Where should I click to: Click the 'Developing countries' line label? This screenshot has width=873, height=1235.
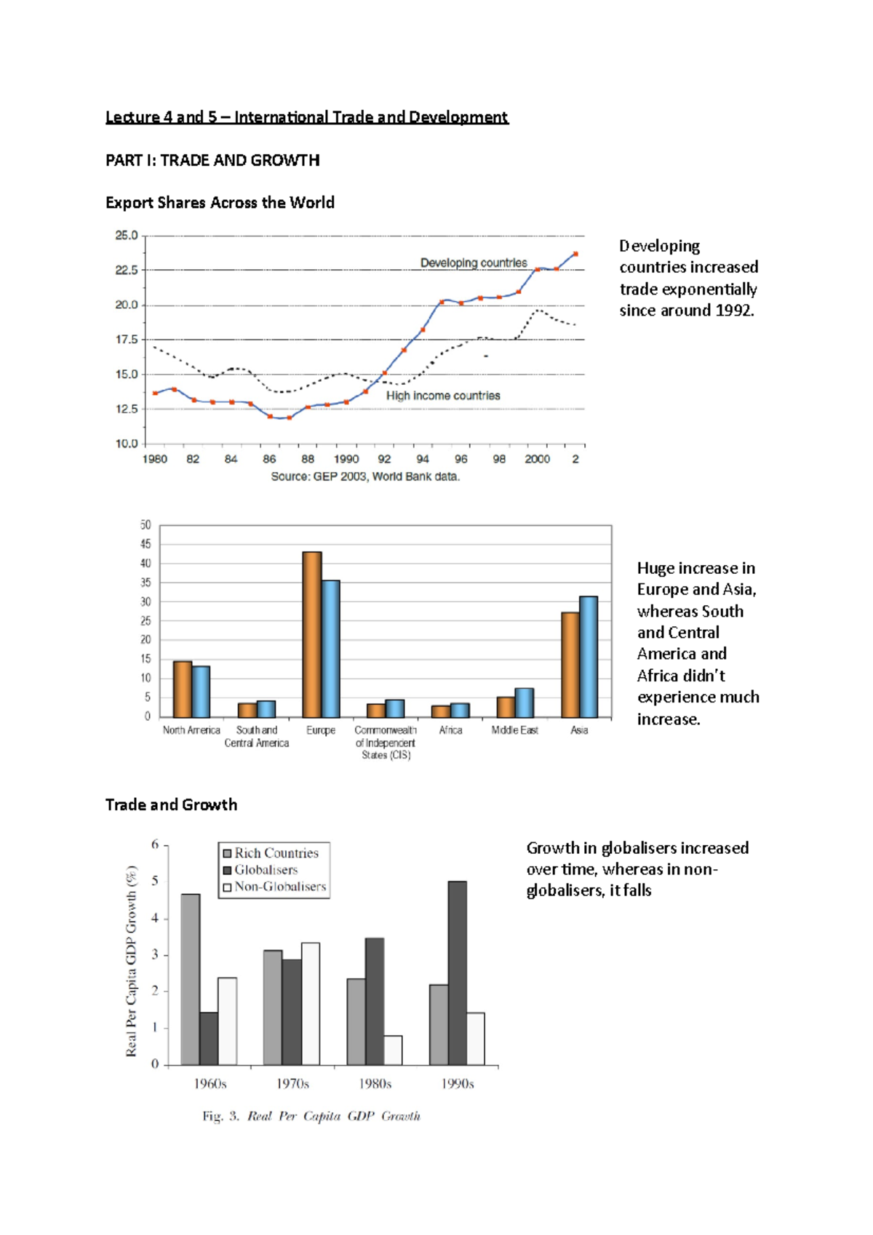tap(474, 263)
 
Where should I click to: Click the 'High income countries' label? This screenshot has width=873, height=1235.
tap(443, 396)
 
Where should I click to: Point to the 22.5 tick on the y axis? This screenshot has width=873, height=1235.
tap(126, 270)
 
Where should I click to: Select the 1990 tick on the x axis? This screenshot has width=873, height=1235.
tap(346, 459)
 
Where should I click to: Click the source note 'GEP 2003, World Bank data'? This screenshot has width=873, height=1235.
tap(365, 477)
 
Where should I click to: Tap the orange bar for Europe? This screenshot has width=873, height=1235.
tap(312, 634)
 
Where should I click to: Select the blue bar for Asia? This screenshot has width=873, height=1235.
tap(589, 656)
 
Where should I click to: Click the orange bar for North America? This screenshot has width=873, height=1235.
tap(183, 689)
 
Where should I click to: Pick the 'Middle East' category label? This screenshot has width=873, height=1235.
tap(514, 730)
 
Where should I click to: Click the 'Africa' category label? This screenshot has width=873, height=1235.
tap(450, 730)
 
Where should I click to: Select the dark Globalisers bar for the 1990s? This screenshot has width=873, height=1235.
tap(458, 972)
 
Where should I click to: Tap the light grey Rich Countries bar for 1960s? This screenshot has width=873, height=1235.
tap(191, 979)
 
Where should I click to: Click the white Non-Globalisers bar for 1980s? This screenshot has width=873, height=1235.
tap(393, 1050)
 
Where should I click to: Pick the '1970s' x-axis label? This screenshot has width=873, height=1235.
tap(292, 1084)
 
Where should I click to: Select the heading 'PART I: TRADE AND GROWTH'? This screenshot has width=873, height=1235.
tap(212, 160)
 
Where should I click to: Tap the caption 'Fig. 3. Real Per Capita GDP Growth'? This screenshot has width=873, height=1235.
tap(311, 1116)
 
